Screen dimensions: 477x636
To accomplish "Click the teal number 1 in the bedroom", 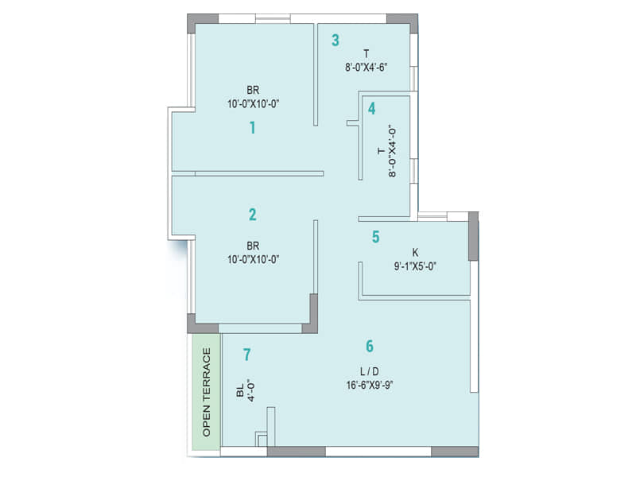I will point(253,127).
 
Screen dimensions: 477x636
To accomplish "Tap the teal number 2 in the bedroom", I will point(253,214).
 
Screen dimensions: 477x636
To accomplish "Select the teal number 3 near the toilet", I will point(335,40).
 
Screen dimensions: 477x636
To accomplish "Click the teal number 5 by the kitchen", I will point(375,236).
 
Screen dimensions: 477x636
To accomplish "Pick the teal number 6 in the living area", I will point(370,346).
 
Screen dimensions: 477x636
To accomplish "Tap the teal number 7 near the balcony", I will point(247,355).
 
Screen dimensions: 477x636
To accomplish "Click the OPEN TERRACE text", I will point(207,392).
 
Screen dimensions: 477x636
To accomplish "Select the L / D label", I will point(368,372).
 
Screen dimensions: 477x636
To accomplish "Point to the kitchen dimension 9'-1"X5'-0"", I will point(414,266).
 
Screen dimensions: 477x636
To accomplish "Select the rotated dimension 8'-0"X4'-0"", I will point(392,150).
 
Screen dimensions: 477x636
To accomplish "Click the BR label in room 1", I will point(253,89).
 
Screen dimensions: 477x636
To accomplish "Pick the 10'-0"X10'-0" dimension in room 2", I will point(253,258).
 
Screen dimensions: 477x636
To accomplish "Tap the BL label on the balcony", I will point(240,392).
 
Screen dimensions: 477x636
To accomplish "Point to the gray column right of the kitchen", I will point(473,236).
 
